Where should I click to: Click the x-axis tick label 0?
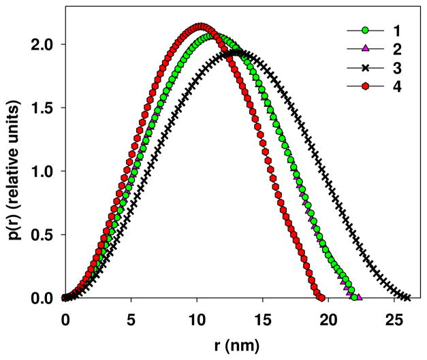click(65, 318)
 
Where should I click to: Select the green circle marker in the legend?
click(364, 31)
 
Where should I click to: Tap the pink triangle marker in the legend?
click(364, 49)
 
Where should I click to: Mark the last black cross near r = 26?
click(407, 297)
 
